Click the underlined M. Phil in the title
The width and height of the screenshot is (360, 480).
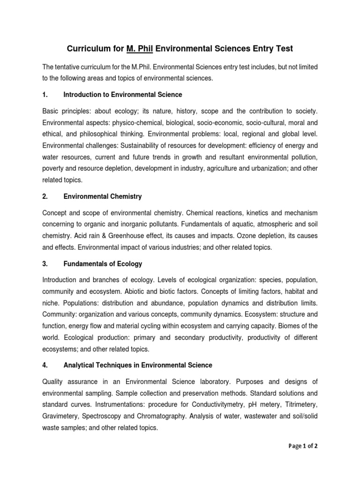coord(140,48)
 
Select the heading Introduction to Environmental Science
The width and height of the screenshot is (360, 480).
coord(123,95)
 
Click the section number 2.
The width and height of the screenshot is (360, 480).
coord(45,196)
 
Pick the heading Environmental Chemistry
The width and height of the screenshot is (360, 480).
coord(103,196)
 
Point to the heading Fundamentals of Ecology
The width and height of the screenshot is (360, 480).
coord(103,264)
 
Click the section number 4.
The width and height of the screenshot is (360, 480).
coord(45,365)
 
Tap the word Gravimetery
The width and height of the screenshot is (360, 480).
coord(61,405)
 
